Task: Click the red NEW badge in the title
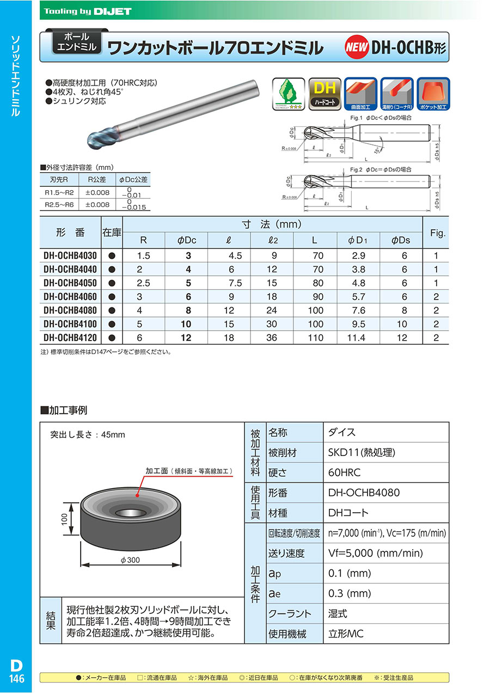[x=357, y=48]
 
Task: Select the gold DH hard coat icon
[x=325, y=94]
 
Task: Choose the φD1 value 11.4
[x=357, y=338]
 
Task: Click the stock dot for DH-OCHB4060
[x=112, y=297]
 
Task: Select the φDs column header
[x=401, y=240]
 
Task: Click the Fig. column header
[x=438, y=233]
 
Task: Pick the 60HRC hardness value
[x=345, y=472]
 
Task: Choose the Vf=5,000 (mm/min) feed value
[x=376, y=553]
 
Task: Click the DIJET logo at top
[x=111, y=10]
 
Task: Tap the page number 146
[x=16, y=679]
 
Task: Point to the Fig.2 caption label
[x=357, y=170]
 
